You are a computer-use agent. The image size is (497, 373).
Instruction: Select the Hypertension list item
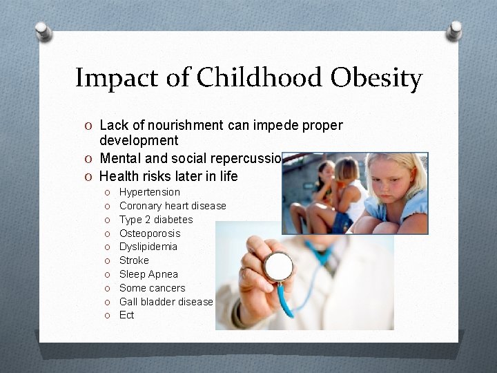point(149,192)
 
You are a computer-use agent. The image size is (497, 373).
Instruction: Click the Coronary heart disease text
point(173,206)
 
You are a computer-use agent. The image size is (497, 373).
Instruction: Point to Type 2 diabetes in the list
point(156,220)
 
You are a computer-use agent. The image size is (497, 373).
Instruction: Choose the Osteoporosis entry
point(150,233)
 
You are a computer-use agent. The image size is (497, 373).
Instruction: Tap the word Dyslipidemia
point(148,247)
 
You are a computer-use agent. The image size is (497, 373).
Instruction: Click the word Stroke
point(134,260)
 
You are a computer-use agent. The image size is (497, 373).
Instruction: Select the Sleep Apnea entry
point(148,274)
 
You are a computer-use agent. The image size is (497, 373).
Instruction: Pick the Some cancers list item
point(152,288)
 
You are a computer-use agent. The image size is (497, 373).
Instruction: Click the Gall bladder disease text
point(166,302)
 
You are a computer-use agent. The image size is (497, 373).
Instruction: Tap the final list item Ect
point(127,315)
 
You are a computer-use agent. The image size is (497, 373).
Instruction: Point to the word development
point(139,141)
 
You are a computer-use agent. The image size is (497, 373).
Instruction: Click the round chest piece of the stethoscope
point(278,266)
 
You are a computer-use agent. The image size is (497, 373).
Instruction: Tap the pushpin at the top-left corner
point(43,31)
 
